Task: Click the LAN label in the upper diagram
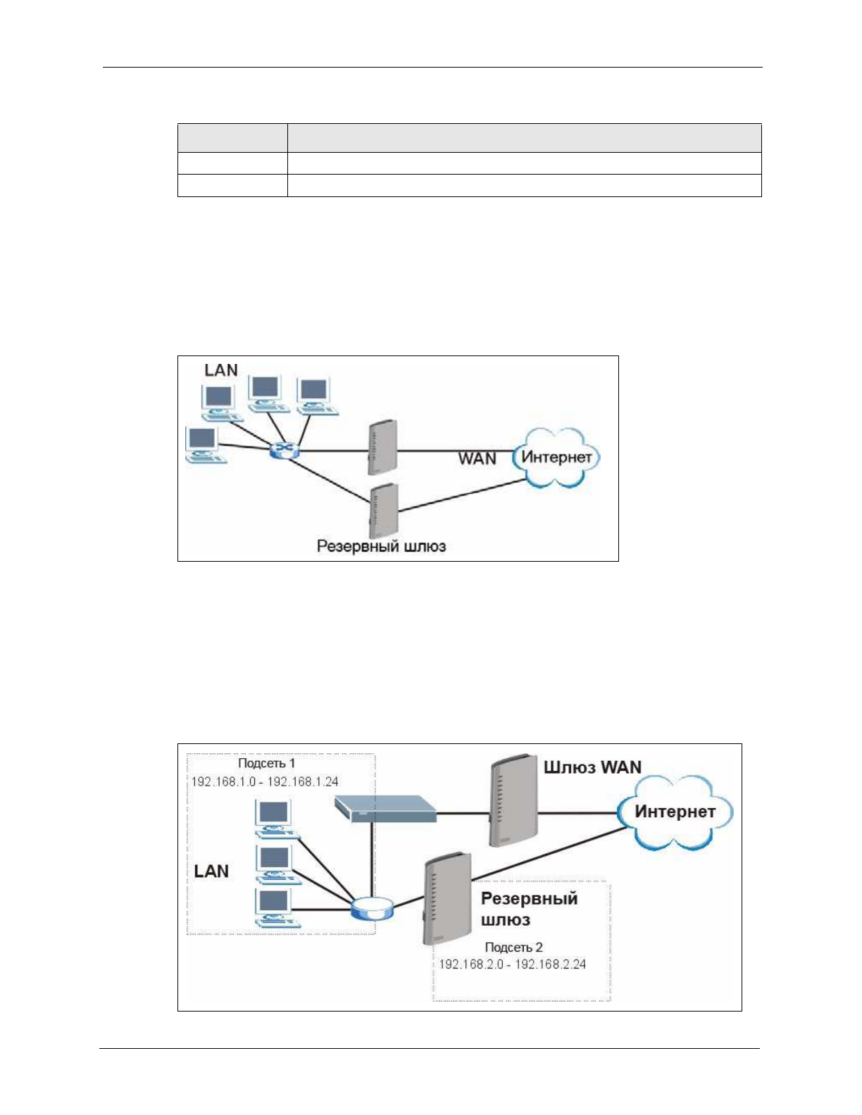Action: [x=221, y=370]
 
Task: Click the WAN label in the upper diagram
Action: [x=477, y=459]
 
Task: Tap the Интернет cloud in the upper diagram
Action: [x=556, y=458]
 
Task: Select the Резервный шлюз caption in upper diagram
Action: [x=381, y=546]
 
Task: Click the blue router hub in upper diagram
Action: [x=285, y=451]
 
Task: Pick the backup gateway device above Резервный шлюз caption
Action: [x=384, y=510]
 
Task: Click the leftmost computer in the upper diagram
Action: [x=204, y=446]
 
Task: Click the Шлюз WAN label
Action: [x=592, y=767]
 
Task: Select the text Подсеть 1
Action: [x=266, y=764]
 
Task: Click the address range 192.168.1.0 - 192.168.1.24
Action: [x=265, y=782]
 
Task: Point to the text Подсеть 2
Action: [x=513, y=947]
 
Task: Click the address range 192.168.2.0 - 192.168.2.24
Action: [x=512, y=964]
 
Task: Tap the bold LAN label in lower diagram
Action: [x=211, y=871]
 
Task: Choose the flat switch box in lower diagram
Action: [x=385, y=808]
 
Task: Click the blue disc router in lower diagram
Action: [x=371, y=909]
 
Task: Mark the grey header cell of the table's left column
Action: [x=232, y=138]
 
